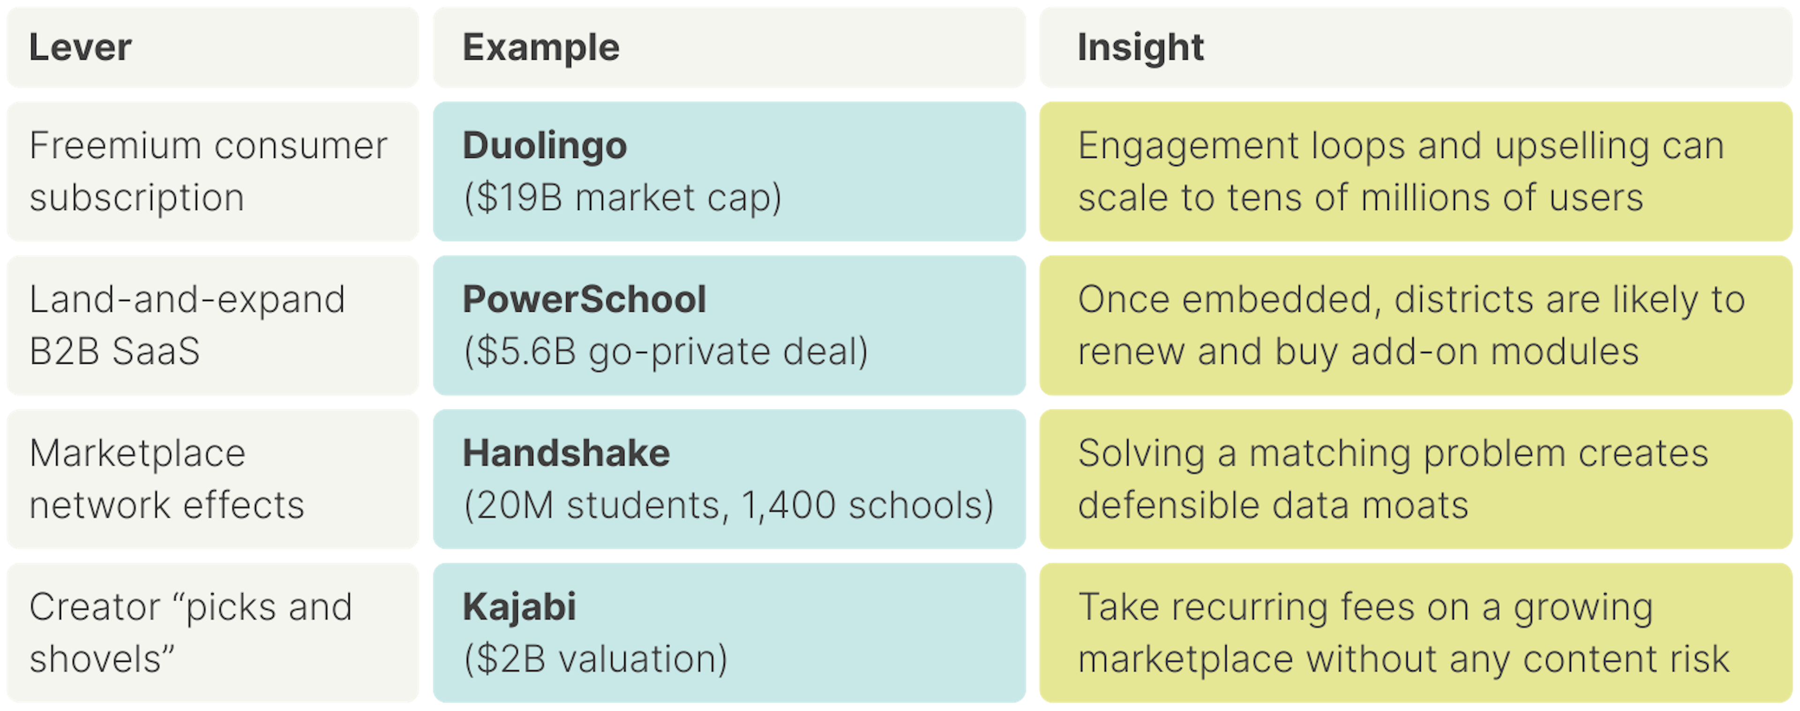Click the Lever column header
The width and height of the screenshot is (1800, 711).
point(80,47)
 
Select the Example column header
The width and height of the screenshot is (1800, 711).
point(541,47)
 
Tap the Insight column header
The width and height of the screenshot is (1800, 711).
point(1140,47)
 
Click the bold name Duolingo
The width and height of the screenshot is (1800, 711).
point(545,146)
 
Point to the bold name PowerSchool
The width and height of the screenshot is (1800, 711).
point(584,299)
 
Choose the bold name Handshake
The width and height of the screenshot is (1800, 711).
point(566,453)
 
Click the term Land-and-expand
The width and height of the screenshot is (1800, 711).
point(187,299)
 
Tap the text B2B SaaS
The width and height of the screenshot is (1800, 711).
point(114,352)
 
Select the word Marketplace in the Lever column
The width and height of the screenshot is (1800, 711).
point(138,453)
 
